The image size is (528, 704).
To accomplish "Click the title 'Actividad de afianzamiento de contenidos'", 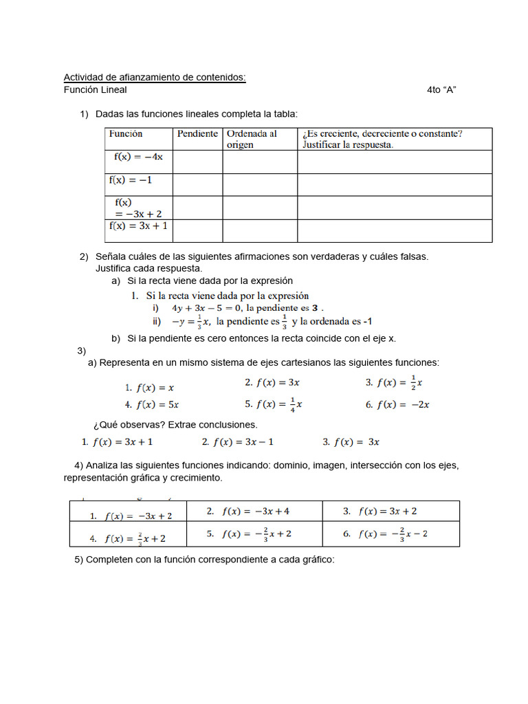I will pos(155,78).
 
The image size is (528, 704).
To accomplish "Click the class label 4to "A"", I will pos(441,90).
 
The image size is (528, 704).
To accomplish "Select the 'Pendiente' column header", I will pos(197,134).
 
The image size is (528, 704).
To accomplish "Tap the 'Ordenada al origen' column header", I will pos(252,139).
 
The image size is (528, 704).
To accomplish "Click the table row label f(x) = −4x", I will pos(138,157).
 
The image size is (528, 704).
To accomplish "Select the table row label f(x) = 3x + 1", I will pos(138,225).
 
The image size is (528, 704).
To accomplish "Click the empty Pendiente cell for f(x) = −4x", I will pos(197,162).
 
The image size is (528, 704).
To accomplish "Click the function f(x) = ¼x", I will pos(278,404).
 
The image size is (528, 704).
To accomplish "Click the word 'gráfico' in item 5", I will pos(316,560).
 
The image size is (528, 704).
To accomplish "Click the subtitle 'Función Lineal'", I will pos(96,90).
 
